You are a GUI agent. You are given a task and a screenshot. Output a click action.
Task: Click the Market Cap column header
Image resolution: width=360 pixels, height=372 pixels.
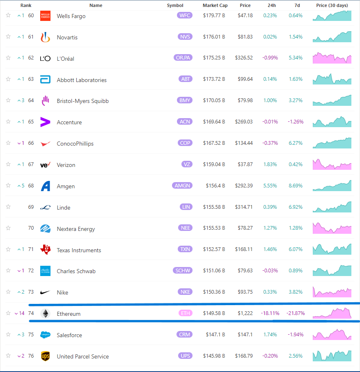(215, 5)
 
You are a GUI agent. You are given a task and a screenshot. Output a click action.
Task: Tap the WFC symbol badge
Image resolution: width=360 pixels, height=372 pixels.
(184, 16)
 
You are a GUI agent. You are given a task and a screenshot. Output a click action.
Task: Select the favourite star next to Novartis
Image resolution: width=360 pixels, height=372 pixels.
(8, 37)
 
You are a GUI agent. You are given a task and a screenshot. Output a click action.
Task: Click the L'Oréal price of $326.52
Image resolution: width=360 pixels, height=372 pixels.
(244, 58)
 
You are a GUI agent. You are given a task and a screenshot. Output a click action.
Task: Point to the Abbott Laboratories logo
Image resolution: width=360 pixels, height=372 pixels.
(45, 79)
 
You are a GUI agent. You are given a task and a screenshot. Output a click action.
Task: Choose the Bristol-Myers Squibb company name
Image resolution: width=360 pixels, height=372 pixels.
(83, 101)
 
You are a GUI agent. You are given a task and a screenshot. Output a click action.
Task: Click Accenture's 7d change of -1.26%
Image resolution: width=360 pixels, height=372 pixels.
(296, 122)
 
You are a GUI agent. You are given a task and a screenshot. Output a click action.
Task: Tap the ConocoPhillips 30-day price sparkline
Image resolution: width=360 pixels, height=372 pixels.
(332, 143)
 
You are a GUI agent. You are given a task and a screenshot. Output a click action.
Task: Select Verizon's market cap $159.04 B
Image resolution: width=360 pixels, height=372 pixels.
(214, 164)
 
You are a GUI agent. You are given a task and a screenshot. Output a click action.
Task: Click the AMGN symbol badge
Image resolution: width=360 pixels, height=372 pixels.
(182, 185)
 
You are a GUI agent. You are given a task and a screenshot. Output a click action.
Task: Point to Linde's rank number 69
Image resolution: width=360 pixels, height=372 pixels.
(31, 207)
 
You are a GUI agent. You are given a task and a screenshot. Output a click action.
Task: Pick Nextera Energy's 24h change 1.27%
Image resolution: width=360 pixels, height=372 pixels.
(270, 228)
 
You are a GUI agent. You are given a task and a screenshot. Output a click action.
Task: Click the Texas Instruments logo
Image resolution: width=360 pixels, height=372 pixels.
(45, 249)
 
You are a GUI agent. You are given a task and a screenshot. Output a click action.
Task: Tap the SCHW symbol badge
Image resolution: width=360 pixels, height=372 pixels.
(183, 270)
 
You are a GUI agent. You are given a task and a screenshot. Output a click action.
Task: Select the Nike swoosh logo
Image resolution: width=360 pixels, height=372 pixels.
(45, 292)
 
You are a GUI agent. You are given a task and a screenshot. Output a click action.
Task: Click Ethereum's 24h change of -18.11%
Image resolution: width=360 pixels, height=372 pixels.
(270, 313)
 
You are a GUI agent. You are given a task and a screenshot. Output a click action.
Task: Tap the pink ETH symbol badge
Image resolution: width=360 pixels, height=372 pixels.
(186, 313)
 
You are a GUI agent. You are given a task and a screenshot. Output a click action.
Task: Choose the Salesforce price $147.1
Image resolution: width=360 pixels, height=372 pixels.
(245, 335)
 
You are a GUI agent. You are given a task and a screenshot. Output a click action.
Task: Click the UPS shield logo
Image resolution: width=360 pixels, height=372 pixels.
(45, 356)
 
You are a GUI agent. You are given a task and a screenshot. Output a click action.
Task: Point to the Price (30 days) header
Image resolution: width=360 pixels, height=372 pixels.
(332, 5)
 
